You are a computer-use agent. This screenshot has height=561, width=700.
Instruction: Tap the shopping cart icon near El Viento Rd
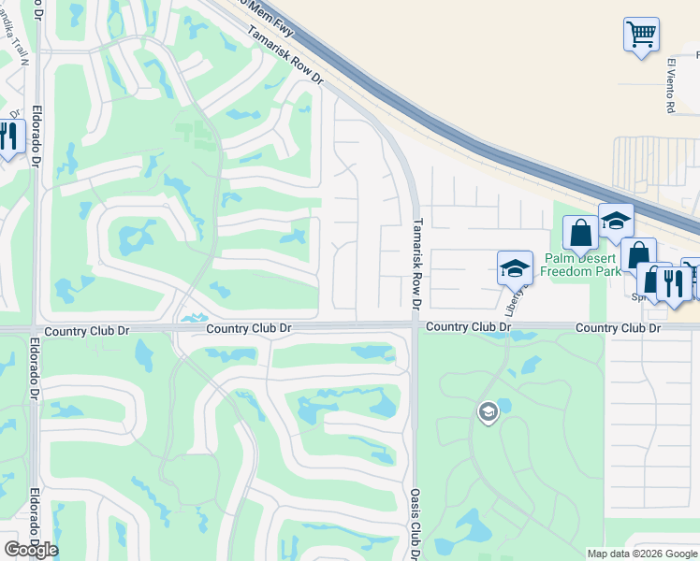point(641,35)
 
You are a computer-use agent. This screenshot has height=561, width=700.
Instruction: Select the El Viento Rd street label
point(671,87)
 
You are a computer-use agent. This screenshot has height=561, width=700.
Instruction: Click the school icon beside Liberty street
point(514,269)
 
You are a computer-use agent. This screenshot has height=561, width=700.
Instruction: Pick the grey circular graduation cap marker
point(487,411)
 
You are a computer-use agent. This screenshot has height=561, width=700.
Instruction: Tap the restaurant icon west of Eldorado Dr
point(8,137)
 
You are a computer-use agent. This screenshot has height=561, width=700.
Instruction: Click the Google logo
point(30,550)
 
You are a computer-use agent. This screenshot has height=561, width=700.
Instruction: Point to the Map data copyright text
point(641,554)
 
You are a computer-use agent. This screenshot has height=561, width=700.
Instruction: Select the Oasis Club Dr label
point(414,523)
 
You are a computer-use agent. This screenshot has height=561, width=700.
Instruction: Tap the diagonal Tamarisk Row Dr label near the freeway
point(284,55)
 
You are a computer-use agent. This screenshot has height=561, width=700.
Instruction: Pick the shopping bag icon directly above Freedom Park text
point(580,232)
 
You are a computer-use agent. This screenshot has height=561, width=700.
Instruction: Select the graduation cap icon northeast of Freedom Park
point(616,221)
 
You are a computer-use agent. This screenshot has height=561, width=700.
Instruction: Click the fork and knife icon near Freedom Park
point(673,281)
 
